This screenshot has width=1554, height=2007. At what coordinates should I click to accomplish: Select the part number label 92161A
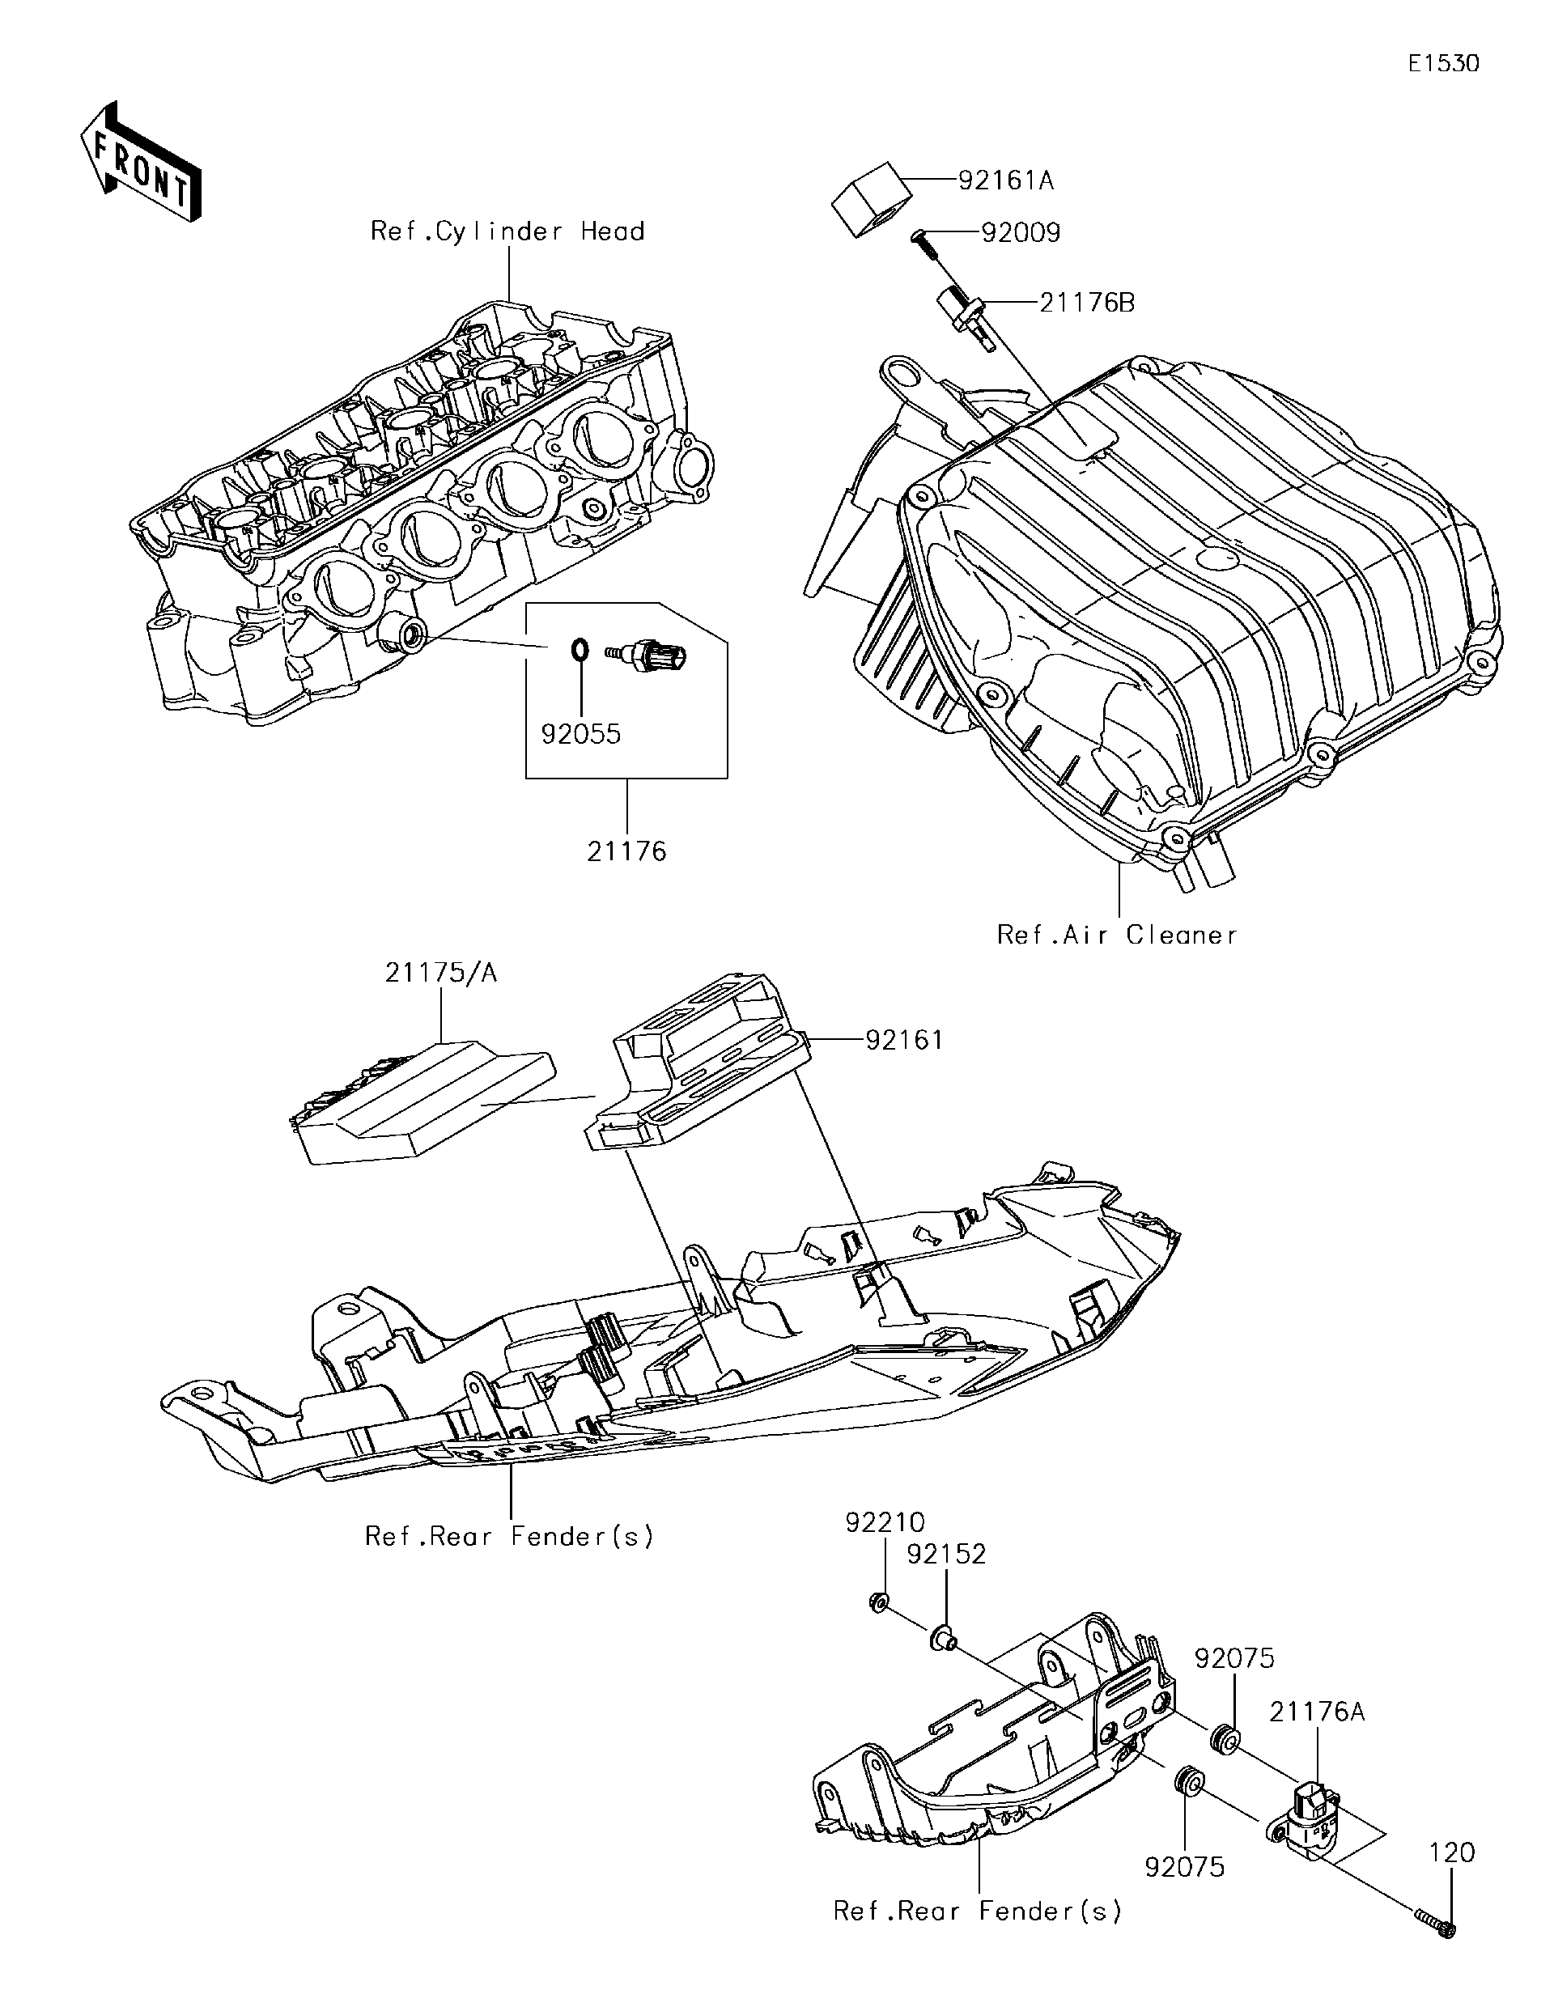pyautogui.click(x=1005, y=180)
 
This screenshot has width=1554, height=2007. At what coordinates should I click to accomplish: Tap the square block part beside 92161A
pyautogui.click(x=873, y=199)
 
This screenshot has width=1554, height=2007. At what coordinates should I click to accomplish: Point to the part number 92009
pyautogui.click(x=1020, y=232)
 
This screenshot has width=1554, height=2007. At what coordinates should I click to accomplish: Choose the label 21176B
pyautogui.click(x=1087, y=303)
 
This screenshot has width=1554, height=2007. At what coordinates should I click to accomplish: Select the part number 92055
pyautogui.click(x=581, y=734)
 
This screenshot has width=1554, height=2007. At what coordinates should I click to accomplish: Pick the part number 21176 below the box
pyautogui.click(x=626, y=851)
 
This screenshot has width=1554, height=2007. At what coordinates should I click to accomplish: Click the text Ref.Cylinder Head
pyautogui.click(x=507, y=231)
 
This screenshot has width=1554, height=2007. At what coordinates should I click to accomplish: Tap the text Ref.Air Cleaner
pyautogui.click(x=1118, y=936)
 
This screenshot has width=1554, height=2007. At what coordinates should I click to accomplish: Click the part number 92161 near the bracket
pyautogui.click(x=904, y=1040)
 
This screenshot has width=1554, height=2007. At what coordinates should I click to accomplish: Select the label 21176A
pyautogui.click(x=1318, y=1712)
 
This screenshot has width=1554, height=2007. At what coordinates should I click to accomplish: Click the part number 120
pyautogui.click(x=1452, y=1878)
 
